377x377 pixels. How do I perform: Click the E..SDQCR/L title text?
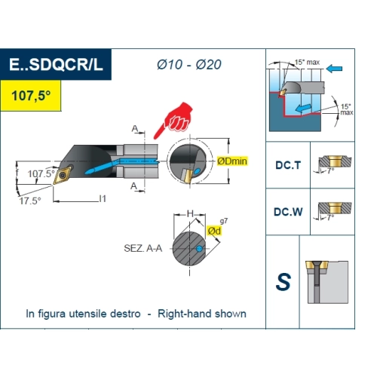click(56, 65)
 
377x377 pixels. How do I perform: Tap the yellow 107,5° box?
click(30, 96)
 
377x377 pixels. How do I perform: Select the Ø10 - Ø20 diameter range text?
click(189, 65)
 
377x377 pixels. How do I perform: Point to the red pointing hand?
click(175, 119)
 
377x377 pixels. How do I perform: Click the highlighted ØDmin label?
click(232, 161)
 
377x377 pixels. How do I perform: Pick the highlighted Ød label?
click(214, 231)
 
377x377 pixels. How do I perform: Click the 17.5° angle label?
click(30, 201)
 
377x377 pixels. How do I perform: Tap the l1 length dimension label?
click(103, 199)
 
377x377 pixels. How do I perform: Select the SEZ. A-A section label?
click(143, 248)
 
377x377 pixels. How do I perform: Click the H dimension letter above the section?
click(190, 214)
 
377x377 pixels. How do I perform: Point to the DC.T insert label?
click(288, 165)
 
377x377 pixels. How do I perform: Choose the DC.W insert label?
click(288, 212)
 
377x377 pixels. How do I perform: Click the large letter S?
click(284, 282)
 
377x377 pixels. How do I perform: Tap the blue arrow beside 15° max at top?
click(334, 69)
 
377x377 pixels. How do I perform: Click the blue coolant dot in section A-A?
click(199, 249)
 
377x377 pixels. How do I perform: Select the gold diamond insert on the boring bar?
click(62, 175)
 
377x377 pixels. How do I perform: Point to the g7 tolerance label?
click(224, 221)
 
